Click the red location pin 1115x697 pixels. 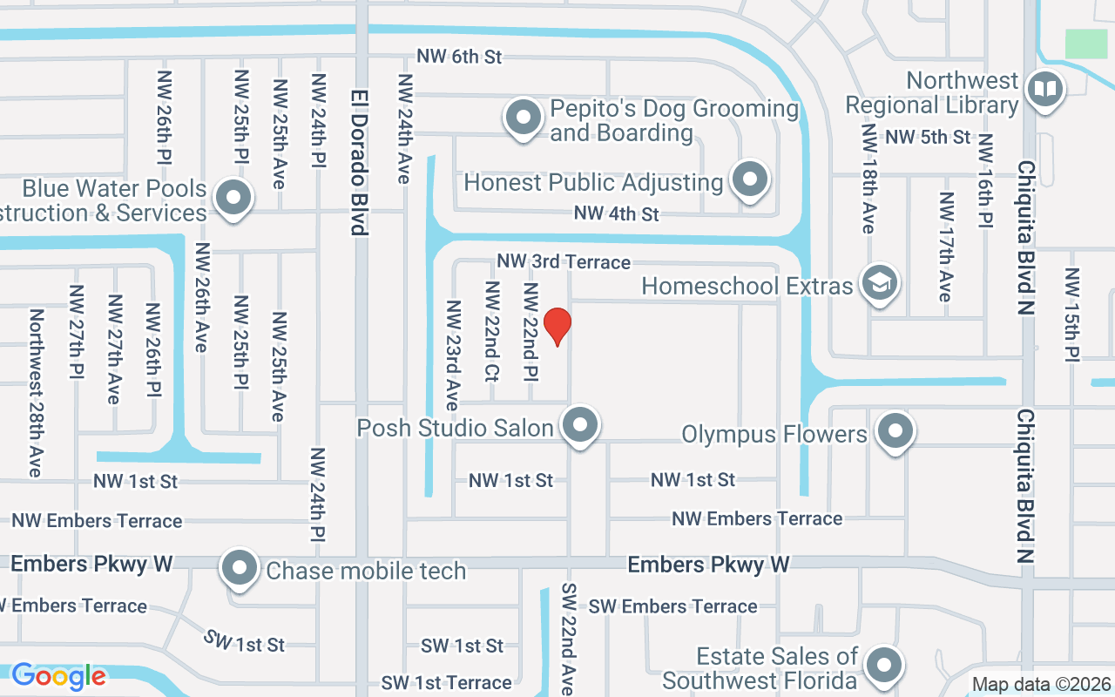tap(557, 326)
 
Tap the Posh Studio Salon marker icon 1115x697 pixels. tap(580, 426)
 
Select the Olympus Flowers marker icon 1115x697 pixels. tap(895, 430)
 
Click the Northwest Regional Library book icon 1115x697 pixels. tap(1044, 89)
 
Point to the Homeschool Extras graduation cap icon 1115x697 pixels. tap(880, 282)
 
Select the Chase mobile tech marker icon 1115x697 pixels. tap(240, 568)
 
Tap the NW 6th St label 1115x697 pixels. tap(459, 57)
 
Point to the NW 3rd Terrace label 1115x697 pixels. tap(564, 261)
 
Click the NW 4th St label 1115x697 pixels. tap(616, 213)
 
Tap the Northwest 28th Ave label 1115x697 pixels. tap(36, 392)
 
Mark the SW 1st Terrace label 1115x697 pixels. tap(446, 682)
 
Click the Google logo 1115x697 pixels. tap(58, 676)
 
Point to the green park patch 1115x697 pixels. tap(1085, 44)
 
